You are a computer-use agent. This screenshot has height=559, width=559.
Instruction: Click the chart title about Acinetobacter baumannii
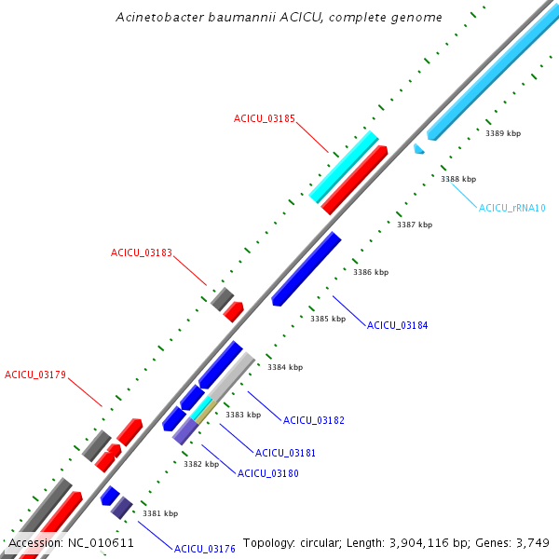(x=279, y=18)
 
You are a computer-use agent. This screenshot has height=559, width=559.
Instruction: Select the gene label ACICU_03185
(x=265, y=119)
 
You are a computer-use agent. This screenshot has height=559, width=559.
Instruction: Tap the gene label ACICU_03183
(x=142, y=253)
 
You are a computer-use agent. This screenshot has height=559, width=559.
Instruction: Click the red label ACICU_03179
(x=35, y=375)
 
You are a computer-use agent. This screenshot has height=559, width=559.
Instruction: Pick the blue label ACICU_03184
(x=398, y=325)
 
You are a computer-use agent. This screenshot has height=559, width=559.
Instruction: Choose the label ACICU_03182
(x=314, y=420)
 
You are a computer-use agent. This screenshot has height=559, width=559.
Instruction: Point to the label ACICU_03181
(x=286, y=453)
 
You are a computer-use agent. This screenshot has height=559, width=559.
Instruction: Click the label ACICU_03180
(x=268, y=473)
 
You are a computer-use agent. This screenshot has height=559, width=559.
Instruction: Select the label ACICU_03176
(x=205, y=550)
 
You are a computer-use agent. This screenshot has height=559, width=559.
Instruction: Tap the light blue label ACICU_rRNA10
(x=512, y=208)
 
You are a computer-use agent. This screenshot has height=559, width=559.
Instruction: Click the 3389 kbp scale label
(x=503, y=133)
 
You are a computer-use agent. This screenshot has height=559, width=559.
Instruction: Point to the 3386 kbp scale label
(x=371, y=272)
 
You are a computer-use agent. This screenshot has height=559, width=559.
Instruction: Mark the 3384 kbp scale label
(x=285, y=367)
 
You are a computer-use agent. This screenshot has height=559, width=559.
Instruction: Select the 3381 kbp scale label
(x=159, y=513)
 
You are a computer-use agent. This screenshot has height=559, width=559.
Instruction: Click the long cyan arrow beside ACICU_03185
(x=344, y=167)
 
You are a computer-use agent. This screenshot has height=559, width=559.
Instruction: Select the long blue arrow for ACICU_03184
(x=307, y=268)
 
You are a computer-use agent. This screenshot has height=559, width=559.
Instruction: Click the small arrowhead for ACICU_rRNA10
(x=419, y=148)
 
